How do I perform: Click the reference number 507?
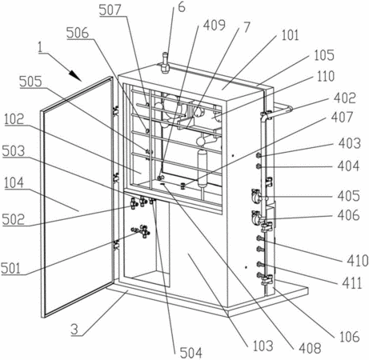110,10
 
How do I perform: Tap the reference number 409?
214,25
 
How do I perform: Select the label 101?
291,35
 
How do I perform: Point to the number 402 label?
345,98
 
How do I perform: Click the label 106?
350,337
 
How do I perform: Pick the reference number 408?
310,348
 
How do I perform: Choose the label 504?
191,353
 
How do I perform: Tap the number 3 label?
75,330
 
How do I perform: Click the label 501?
10,268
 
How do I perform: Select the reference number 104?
14,183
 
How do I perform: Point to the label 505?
30,82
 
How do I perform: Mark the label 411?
352,283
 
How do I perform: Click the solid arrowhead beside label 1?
75,75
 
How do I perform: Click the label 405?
348,196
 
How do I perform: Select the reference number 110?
326,76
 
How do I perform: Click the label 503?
13,151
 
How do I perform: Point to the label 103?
263,346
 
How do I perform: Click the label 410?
358,261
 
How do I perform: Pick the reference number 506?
78,33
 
